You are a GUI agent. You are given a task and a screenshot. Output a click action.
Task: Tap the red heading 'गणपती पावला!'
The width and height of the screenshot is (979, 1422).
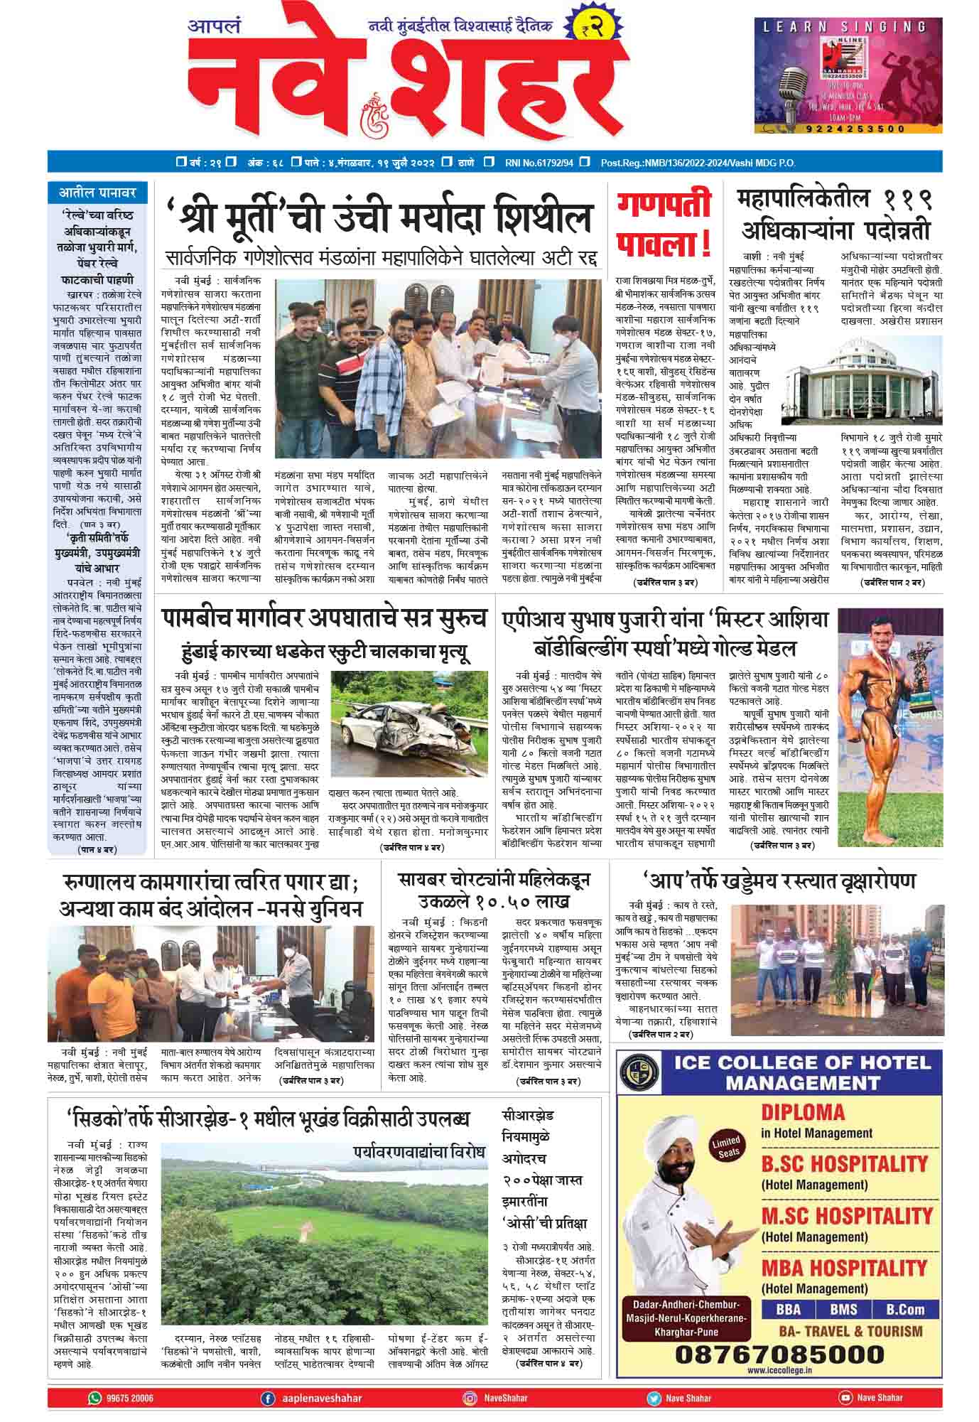click(664, 225)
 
